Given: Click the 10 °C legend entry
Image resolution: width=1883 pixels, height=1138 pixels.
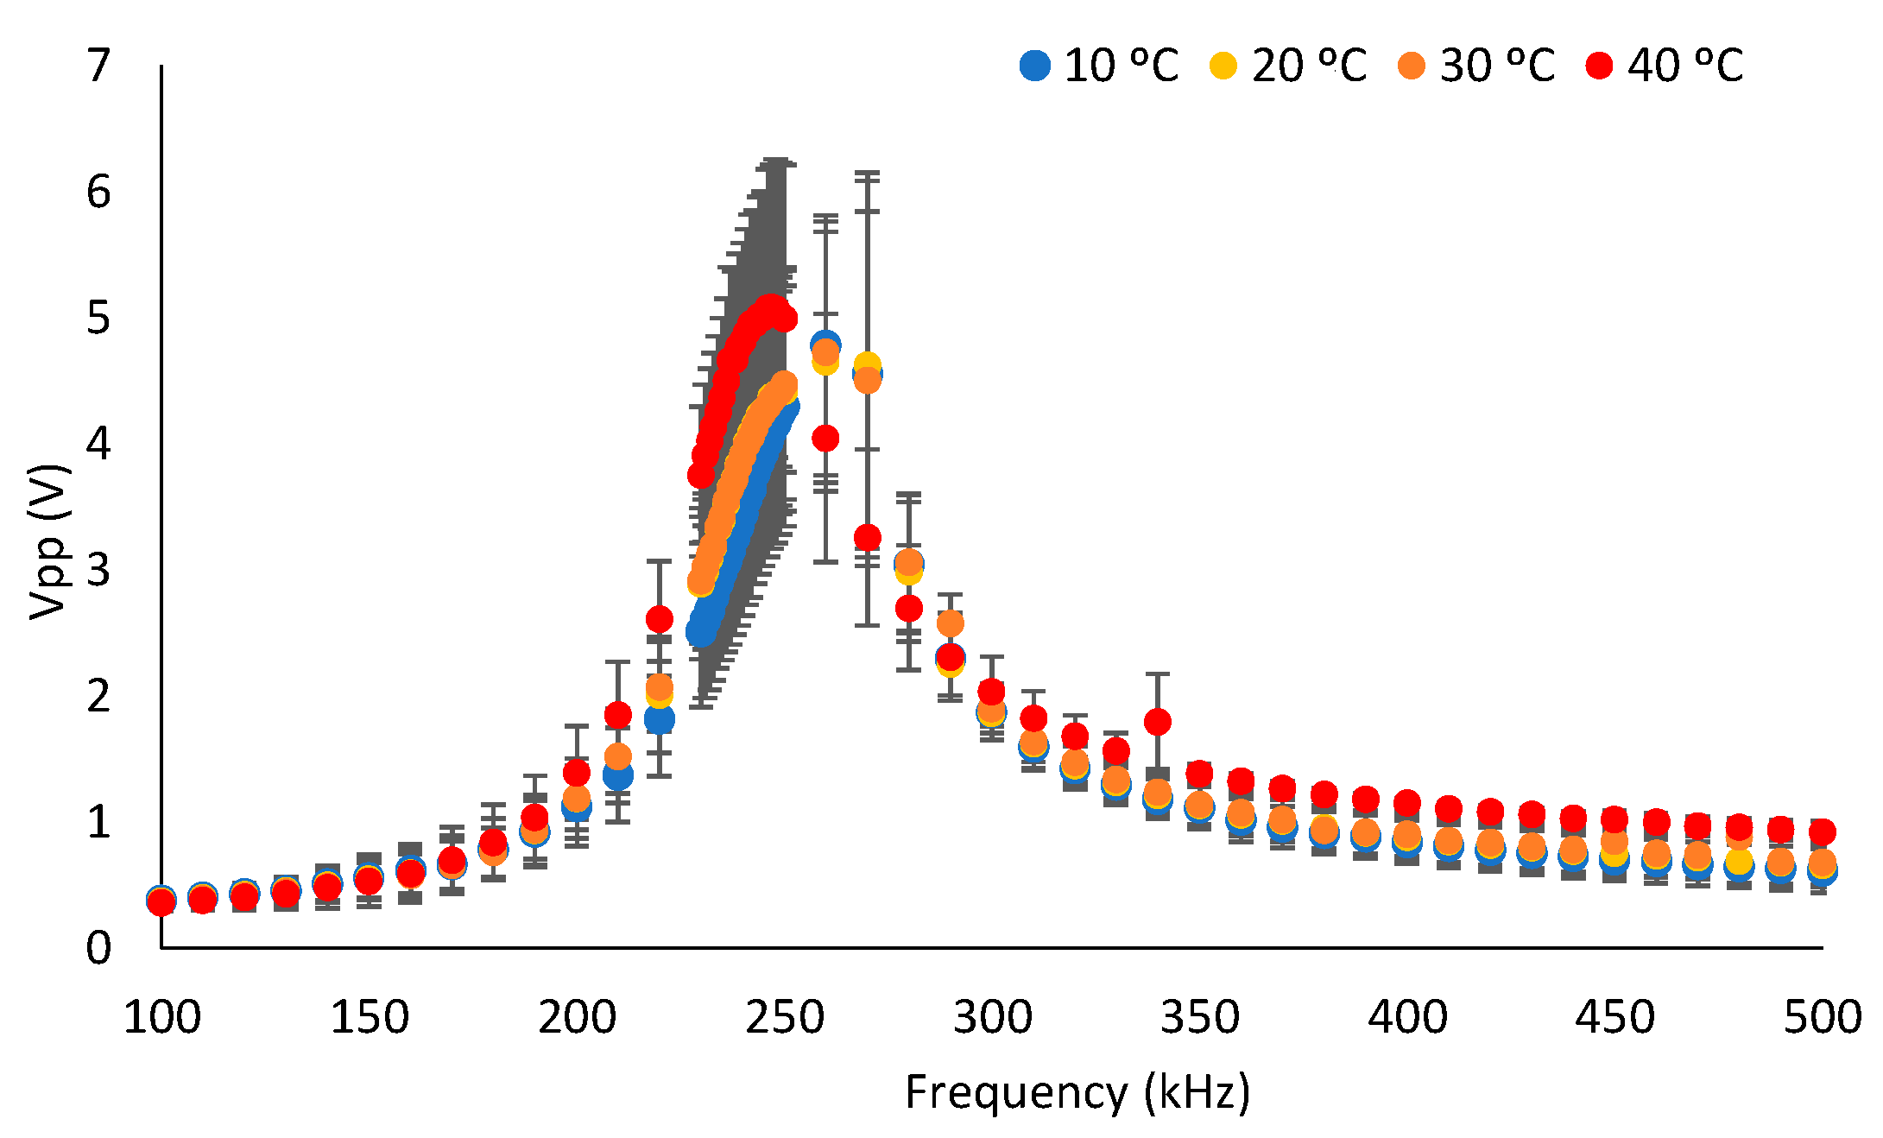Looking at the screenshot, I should click(1098, 66).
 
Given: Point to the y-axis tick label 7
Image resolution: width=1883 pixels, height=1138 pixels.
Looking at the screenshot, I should click(99, 66).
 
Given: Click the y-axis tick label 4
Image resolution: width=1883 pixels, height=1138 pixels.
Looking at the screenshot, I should click(99, 444).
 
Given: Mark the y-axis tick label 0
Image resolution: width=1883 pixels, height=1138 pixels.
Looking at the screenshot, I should click(99, 948).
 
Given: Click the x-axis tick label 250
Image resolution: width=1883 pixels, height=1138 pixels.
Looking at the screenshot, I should click(784, 1017).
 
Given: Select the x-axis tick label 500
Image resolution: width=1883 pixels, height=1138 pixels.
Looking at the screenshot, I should click(1822, 1017).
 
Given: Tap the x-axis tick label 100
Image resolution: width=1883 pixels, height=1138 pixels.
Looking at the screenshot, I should click(161, 1017).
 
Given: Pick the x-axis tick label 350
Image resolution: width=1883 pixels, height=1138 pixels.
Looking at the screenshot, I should click(1199, 1017).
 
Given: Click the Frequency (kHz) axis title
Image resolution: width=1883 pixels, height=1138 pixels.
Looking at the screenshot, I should click(1077, 1092).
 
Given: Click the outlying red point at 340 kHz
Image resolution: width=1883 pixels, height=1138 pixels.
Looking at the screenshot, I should click(1157, 721).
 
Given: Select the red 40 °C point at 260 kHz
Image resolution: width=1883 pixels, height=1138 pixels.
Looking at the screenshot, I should click(825, 439).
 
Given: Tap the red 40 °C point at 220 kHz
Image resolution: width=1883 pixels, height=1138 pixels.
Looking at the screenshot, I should click(659, 619).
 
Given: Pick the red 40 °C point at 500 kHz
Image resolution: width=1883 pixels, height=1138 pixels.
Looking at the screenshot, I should click(1822, 832).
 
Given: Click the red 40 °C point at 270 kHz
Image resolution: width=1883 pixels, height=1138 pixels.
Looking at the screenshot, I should click(867, 537).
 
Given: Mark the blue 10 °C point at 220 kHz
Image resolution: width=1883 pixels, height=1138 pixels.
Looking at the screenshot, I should click(659, 719).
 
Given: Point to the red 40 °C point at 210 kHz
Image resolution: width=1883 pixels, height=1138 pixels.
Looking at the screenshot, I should click(617, 715).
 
